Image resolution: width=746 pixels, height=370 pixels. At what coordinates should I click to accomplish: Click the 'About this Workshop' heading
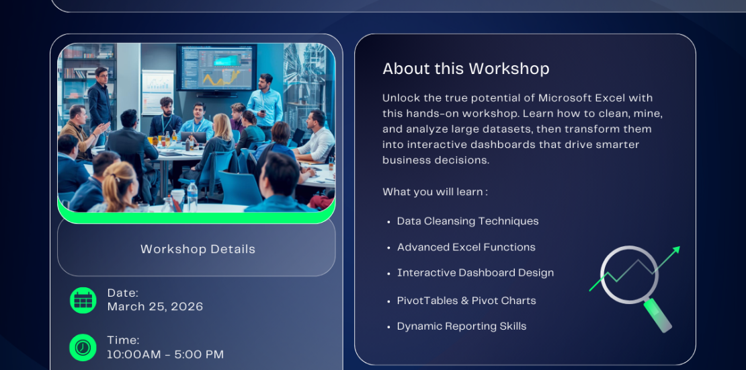coord(466,69)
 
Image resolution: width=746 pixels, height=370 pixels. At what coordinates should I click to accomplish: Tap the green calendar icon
coord(83,300)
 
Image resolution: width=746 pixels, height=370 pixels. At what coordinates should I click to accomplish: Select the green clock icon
coord(83,348)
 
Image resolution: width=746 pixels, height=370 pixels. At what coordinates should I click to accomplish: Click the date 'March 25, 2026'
coord(155,307)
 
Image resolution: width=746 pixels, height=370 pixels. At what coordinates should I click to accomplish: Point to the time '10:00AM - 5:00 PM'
coord(165,355)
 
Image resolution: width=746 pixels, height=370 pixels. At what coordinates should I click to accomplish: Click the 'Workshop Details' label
coord(198,249)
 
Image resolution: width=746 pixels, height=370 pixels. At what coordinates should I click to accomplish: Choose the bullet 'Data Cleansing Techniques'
coord(468,221)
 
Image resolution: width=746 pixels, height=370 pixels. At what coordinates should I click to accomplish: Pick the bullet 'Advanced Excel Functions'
coord(466,247)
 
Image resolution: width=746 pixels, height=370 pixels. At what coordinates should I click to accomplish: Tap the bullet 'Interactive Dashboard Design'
coord(475,273)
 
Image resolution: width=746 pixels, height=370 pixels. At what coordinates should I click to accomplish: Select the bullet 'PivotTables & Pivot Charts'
coord(466,301)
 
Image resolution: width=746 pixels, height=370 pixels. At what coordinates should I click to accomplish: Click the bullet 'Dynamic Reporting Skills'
coord(462,327)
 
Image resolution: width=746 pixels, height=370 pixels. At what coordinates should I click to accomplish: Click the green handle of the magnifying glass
coord(658,316)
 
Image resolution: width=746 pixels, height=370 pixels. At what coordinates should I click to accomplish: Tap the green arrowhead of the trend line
coord(675,250)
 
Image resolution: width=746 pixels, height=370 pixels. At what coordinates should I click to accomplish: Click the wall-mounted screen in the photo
coord(216,67)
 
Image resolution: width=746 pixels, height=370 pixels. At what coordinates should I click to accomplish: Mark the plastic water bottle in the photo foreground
coord(192,196)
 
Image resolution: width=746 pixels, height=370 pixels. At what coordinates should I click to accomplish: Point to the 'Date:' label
coord(123,293)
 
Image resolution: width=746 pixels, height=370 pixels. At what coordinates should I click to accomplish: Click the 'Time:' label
coord(123,340)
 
